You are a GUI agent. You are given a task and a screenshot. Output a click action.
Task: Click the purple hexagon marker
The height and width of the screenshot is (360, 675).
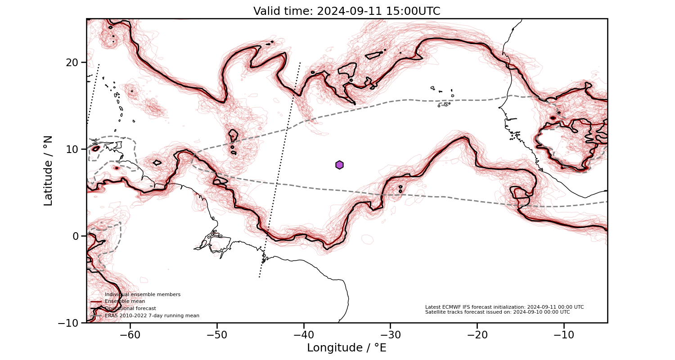[339, 165]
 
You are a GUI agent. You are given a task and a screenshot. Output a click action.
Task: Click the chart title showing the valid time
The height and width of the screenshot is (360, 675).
[346, 11]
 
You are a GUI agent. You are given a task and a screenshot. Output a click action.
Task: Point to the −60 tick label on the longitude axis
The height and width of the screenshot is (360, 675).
[130, 335]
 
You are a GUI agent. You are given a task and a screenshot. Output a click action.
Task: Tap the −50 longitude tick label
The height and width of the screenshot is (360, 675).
[216, 335]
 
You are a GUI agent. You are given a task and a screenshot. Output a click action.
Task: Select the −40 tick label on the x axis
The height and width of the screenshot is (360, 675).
[303, 335]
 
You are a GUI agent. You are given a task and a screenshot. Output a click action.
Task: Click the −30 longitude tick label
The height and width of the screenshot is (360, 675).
[390, 335]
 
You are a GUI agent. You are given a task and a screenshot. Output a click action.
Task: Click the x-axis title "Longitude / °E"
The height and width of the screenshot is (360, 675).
[346, 348]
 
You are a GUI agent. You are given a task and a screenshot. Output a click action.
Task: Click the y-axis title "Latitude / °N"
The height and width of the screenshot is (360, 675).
[48, 171]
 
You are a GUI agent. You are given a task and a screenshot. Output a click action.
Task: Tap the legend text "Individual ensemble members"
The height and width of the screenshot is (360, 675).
[143, 294]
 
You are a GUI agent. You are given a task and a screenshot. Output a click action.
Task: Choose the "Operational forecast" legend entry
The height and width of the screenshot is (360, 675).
[130, 308]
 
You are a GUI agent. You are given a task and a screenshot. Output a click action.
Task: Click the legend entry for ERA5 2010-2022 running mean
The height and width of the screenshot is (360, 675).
[152, 315]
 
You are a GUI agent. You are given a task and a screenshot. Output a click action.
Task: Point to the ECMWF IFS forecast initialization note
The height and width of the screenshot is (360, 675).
[504, 307]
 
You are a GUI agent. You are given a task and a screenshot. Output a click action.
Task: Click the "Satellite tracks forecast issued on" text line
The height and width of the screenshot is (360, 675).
[497, 312]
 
